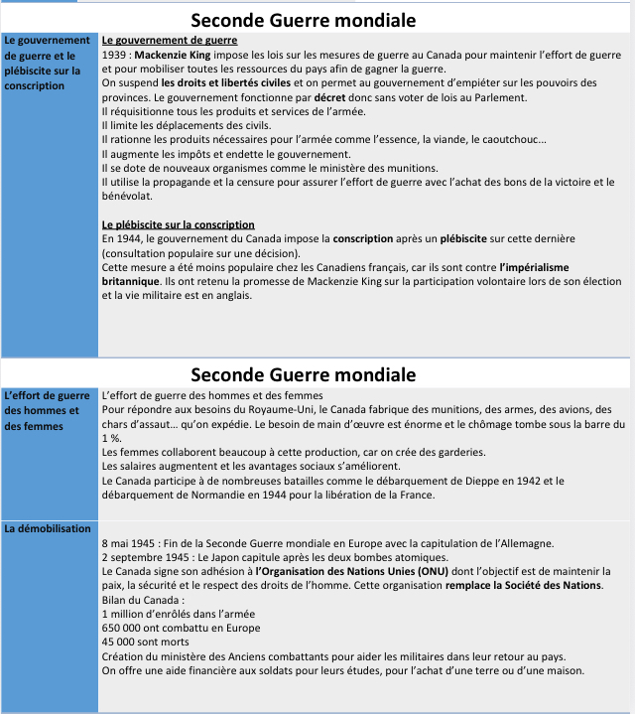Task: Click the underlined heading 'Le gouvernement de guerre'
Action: point(170,41)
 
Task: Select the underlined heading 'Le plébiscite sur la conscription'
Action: point(178,225)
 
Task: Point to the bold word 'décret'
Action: point(332,97)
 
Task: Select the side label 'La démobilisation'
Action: point(46,529)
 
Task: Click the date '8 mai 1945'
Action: point(131,544)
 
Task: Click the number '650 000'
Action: point(125,629)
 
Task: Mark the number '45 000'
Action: point(121,643)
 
